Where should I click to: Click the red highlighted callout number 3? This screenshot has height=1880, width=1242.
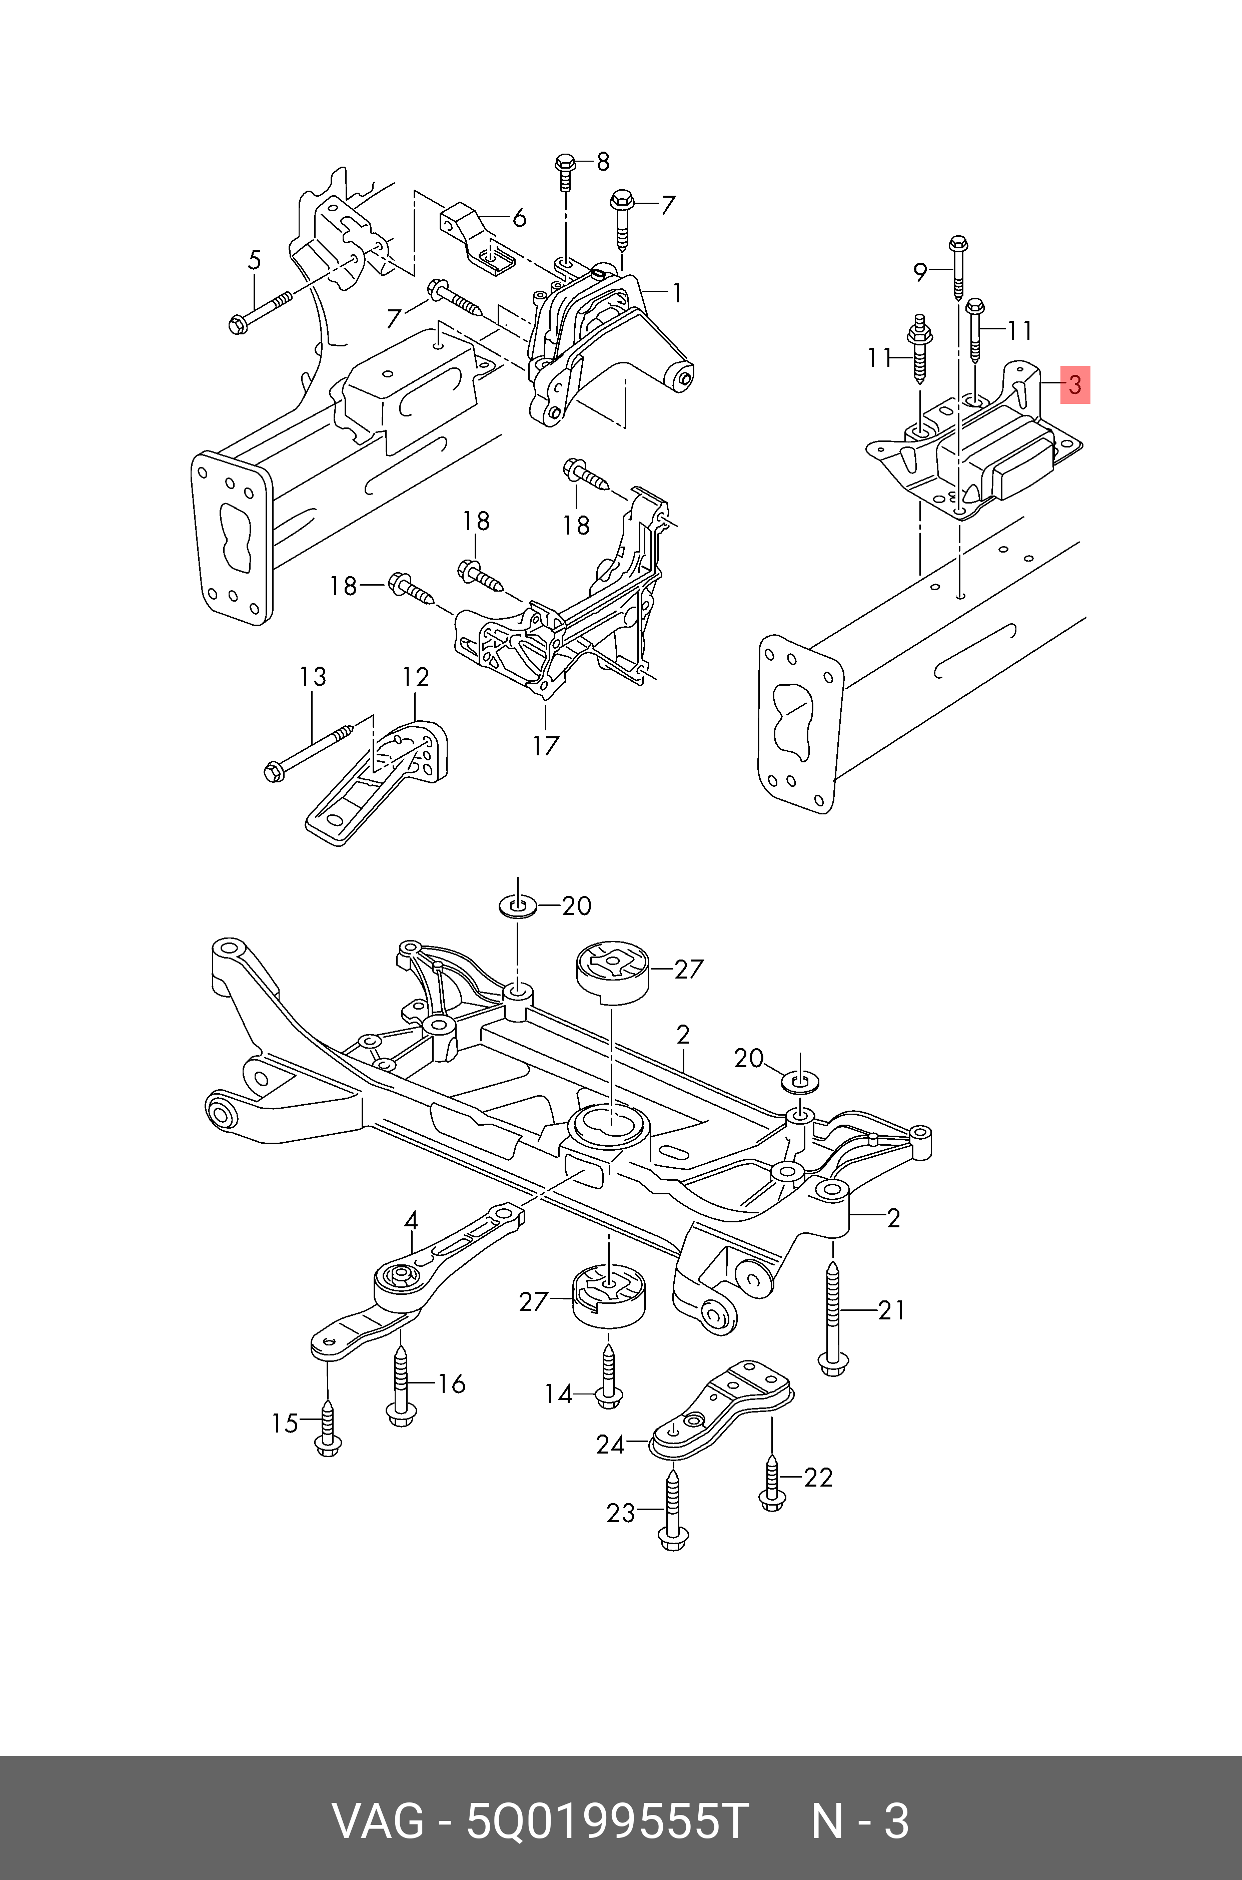click(x=1075, y=385)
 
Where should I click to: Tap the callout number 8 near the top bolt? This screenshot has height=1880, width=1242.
click(x=603, y=162)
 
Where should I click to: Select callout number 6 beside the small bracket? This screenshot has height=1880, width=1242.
click(x=520, y=218)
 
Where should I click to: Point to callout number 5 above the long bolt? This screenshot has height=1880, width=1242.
click(x=254, y=260)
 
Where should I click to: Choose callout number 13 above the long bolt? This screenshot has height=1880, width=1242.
click(x=313, y=677)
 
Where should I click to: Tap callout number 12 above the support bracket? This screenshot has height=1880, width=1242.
click(x=415, y=677)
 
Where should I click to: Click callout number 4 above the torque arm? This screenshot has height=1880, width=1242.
click(x=410, y=1221)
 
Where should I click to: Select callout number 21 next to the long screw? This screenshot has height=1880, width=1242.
click(x=891, y=1310)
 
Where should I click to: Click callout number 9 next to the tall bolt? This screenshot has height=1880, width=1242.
click(x=919, y=273)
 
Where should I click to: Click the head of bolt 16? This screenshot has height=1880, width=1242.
click(x=402, y=1413)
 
